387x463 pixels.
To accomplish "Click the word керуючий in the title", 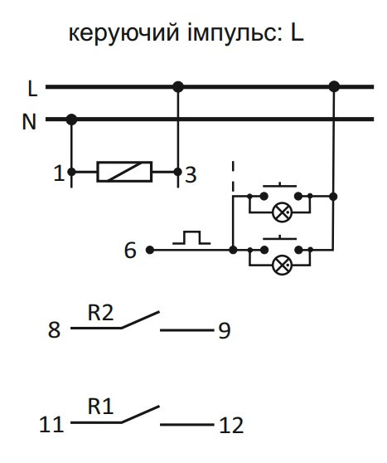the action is click(123, 33).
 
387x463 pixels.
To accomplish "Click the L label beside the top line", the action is click(32, 88).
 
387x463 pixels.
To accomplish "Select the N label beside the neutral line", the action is click(29, 122).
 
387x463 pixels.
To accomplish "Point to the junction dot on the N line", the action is click(71, 119).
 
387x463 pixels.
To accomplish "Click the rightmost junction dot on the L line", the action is click(334, 87).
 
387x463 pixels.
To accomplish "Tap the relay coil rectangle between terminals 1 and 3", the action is click(124, 172).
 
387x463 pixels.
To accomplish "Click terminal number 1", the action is click(60, 173).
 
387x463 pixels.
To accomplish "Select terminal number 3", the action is click(191, 175).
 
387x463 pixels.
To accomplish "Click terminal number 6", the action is click(130, 251).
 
